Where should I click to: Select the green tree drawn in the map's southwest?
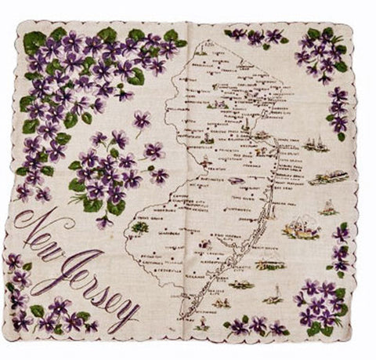(140, 227)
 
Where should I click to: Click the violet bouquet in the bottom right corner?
(321, 302)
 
